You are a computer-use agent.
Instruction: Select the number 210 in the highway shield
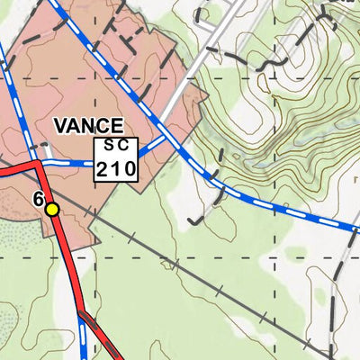tap(116, 168)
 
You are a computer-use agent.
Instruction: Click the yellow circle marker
tap(52, 210)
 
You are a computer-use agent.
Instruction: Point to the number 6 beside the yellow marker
tap(38, 200)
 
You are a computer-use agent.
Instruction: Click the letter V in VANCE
tap(61, 126)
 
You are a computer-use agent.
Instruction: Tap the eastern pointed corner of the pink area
tap(207, 94)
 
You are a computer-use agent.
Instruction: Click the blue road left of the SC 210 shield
tap(72, 164)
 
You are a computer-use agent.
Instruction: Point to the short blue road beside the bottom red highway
tap(83, 337)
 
